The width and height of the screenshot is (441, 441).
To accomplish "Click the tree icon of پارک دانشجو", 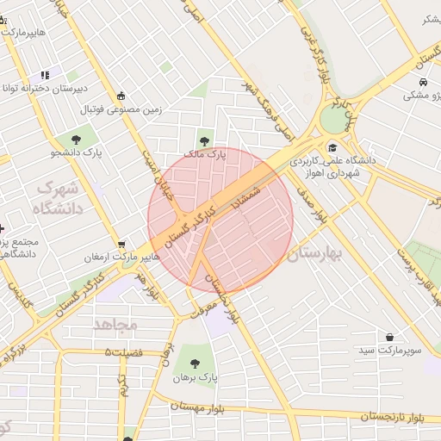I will click(x=78, y=137).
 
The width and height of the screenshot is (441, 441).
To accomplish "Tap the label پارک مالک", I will click(x=205, y=155).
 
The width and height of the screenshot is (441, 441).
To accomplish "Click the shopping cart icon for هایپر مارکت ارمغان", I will click(x=121, y=245).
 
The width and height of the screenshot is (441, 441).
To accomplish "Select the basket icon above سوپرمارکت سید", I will click(x=391, y=337).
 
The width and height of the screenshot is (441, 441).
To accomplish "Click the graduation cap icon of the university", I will click(x=332, y=146).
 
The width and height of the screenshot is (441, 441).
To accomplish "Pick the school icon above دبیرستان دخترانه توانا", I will click(x=44, y=75).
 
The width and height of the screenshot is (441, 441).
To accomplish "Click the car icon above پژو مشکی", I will click(x=423, y=82).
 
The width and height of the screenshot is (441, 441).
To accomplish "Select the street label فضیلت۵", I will click(x=122, y=352).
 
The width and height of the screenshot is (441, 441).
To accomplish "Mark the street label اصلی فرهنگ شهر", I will click(x=268, y=112).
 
